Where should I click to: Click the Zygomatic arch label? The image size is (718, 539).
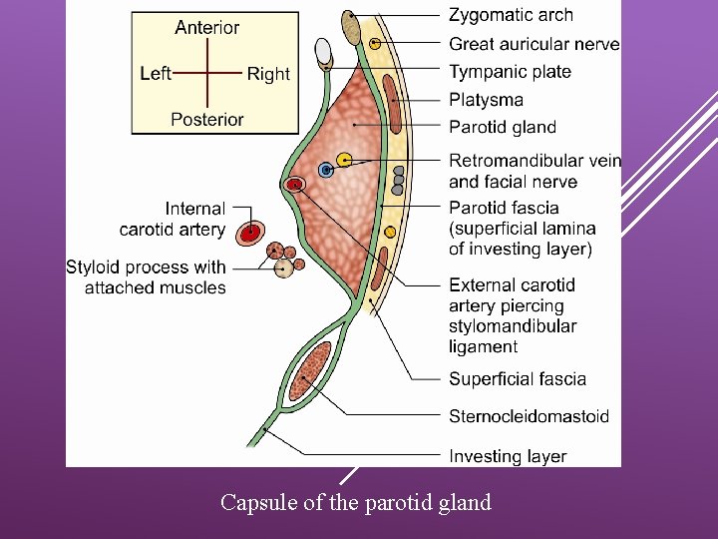click(511, 15)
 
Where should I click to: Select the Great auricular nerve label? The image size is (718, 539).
click(534, 44)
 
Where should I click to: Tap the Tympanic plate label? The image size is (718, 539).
click(510, 72)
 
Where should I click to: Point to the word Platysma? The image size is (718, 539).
click(486, 100)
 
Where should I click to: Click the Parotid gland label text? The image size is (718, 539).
click(503, 127)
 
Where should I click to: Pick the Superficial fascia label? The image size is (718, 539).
click(518, 378)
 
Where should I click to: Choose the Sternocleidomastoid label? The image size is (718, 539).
click(529, 416)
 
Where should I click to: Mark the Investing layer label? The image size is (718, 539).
click(508, 456)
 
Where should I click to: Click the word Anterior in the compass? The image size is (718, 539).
click(207, 28)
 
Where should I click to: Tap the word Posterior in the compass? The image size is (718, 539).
click(207, 119)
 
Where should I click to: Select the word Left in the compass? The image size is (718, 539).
click(156, 73)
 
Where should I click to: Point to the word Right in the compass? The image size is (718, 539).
click(268, 74)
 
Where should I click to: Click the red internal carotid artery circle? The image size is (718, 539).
click(250, 232)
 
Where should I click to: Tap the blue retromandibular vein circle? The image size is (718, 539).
click(325, 171)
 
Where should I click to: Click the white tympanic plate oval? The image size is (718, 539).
click(322, 50)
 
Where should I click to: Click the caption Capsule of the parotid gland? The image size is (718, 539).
click(356, 502)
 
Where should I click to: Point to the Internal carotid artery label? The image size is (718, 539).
click(173, 220)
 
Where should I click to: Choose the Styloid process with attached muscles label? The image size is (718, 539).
click(146, 277)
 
